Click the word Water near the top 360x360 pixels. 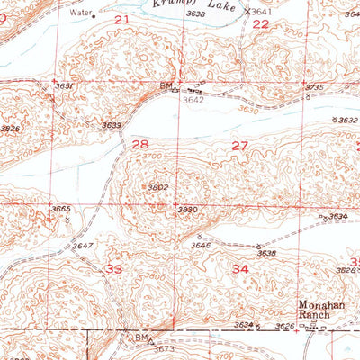point(78,13)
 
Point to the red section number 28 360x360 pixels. point(140,144)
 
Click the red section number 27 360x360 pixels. point(239,145)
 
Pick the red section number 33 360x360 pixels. point(114,269)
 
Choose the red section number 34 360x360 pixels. point(240,269)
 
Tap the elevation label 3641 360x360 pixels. point(261,11)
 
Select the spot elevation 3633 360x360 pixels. point(112,124)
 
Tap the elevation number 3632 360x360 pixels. point(345,120)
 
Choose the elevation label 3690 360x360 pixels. point(187,209)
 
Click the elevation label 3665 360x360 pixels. point(60,209)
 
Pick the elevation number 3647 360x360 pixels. point(84,245)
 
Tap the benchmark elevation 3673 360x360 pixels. point(163,347)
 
